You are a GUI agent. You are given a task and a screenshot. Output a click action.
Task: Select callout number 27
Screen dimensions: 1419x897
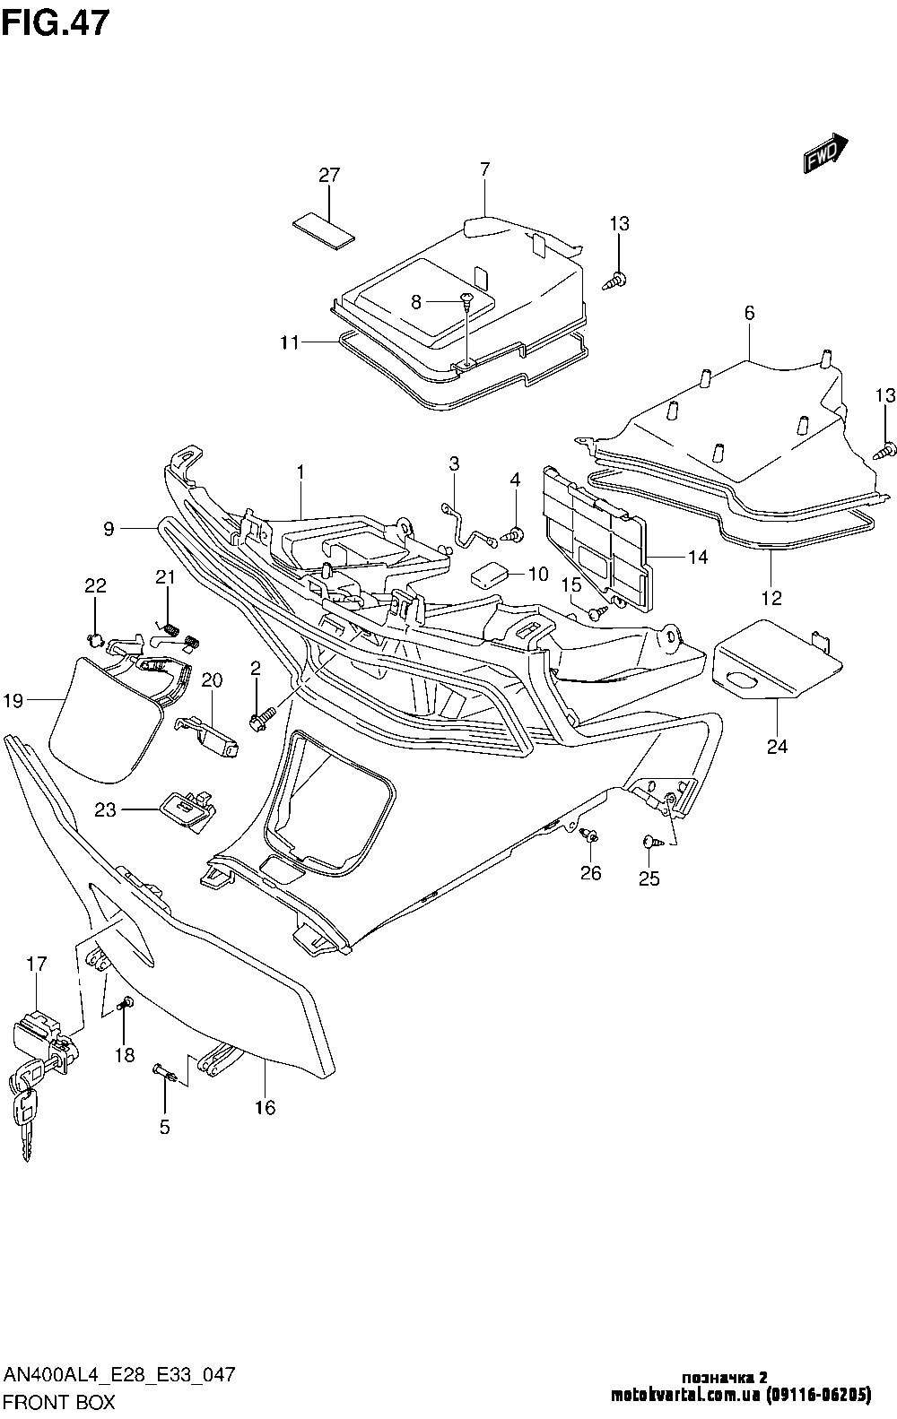point(329,176)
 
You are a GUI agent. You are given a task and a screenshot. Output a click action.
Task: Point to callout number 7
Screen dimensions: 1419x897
point(484,169)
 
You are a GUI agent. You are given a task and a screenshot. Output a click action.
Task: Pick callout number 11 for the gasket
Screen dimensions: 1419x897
point(289,342)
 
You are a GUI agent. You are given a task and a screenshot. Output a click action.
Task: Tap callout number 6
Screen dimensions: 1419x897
point(749,313)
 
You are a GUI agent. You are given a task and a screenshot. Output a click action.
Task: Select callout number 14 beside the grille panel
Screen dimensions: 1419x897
point(698,558)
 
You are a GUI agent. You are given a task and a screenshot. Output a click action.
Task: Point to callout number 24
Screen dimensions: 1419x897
point(777,746)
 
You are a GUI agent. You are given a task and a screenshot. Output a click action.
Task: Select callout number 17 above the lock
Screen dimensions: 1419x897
point(36,965)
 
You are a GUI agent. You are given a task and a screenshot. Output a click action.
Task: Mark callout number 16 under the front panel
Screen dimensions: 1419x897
point(265,1108)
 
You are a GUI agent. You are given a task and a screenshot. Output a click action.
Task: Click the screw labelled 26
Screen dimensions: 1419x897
point(590,836)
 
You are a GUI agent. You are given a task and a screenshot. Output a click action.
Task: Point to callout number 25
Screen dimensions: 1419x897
point(649,878)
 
